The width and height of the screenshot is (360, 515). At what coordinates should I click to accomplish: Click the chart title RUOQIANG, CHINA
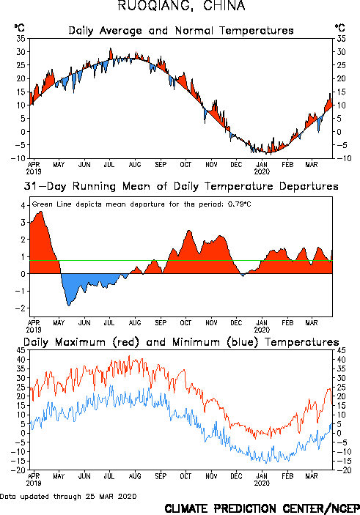coord(181,6)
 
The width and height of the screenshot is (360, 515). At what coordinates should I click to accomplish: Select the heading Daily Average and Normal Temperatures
coord(181,31)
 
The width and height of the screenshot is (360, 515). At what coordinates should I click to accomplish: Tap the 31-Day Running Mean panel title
coord(181,186)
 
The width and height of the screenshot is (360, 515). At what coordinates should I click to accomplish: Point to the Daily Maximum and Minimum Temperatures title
coord(181,342)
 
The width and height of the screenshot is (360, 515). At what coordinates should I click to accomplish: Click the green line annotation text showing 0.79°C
coord(142,204)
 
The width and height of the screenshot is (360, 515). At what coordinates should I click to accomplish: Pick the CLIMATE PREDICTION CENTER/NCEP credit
coord(262,508)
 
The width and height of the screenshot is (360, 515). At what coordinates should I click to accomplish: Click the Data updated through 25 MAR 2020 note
coord(68,496)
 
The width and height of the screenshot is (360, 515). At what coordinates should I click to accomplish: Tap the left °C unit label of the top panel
coord(19,28)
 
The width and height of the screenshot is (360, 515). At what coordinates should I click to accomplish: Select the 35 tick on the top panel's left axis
coord(21,39)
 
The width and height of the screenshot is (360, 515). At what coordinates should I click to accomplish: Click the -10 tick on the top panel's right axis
coord(343,158)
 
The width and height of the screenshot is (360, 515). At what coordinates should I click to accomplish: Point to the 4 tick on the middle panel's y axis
coord(23,206)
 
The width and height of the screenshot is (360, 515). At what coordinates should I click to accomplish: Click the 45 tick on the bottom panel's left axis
coord(21,350)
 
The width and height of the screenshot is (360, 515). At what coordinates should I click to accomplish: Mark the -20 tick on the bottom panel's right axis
coord(343,470)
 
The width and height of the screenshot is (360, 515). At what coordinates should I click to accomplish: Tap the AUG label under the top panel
coord(135,164)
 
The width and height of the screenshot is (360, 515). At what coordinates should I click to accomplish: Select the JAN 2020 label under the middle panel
coord(262,326)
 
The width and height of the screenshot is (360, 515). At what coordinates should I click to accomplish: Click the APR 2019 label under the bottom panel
coord(34,480)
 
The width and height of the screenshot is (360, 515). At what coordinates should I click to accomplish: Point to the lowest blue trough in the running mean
coord(69,305)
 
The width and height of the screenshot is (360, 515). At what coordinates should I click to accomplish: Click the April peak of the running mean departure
coord(40,212)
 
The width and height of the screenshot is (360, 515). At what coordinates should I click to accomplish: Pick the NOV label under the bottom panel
coord(211,476)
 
